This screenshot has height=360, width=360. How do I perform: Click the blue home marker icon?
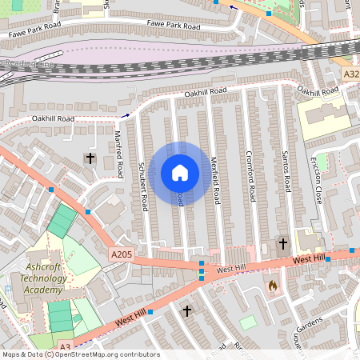click(x=180, y=172)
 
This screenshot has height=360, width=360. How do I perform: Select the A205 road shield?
click(x=121, y=254)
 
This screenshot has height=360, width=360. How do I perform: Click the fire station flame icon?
click(x=273, y=284)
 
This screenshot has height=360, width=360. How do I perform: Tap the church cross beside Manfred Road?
click(x=90, y=158)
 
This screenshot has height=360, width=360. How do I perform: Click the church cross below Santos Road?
click(x=282, y=243)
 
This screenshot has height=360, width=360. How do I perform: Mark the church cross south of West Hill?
click(x=187, y=310)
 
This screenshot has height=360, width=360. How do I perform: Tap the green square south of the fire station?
click(x=249, y=322)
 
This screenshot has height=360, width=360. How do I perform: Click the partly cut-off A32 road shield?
click(x=351, y=74)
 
